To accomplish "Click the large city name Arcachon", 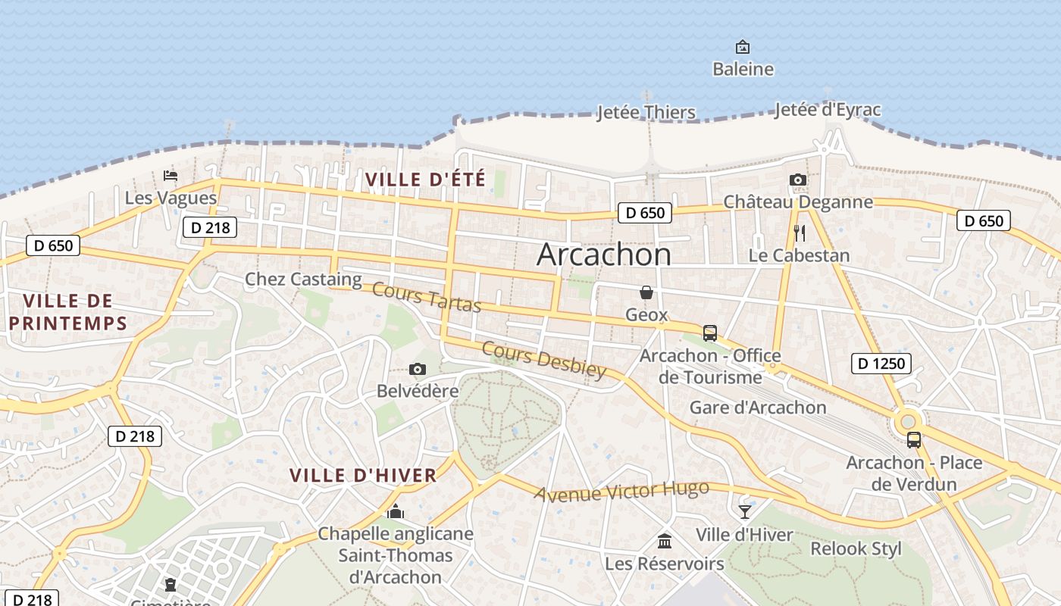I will point(604,255).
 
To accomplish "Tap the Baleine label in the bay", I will point(743,69).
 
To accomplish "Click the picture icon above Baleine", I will point(743,47).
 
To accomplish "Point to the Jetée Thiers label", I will point(646,113).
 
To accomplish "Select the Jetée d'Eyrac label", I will point(828,110).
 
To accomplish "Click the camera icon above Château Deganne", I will point(797,180).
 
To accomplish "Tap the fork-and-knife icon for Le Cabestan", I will point(799,233).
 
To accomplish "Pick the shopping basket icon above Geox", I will point(646,292).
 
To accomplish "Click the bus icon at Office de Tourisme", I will point(710,333).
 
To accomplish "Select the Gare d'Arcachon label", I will point(758,408).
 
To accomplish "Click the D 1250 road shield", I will point(881,364).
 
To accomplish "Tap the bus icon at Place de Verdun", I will point(914,439).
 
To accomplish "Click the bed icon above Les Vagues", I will point(171,176).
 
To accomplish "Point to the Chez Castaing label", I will point(303,280).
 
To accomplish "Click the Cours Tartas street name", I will point(427,297).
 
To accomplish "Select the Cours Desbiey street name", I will point(544,360).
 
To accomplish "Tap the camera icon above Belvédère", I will point(417,369).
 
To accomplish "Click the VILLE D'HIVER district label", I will point(363,476).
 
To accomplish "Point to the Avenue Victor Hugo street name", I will point(621,492).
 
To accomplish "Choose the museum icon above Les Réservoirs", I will point(665,541).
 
